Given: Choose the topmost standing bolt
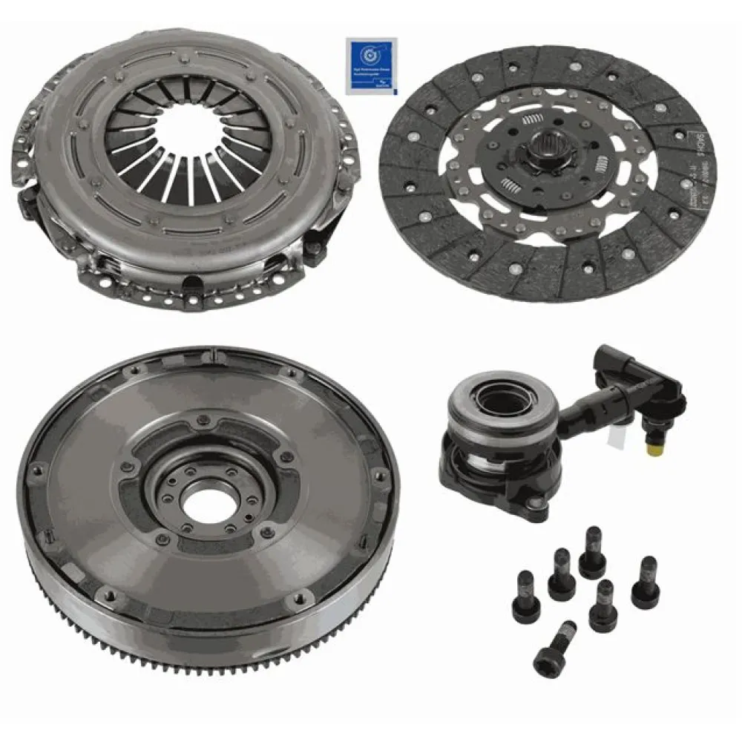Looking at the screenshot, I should (x=592, y=552).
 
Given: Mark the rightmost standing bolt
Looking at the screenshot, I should (x=644, y=582).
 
